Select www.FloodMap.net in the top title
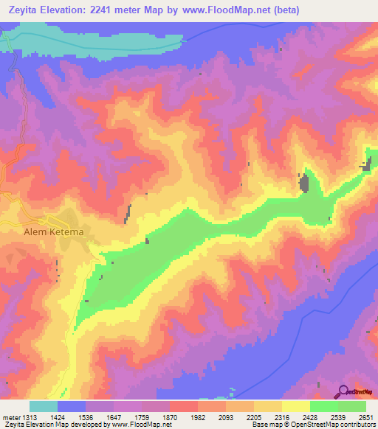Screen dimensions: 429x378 (x=243, y=10)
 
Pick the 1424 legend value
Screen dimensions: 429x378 (x=58, y=416)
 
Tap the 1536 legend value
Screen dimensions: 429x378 (x=86, y=416)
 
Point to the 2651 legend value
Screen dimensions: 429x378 (x=365, y=416)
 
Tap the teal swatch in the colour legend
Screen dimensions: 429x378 (x=44, y=406)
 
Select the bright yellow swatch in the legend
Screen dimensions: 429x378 (x=296, y=406)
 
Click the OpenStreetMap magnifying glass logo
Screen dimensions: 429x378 (x=344, y=391)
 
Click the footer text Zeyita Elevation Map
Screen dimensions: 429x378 (x=37, y=425)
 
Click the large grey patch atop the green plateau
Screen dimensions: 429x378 (x=303, y=182)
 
